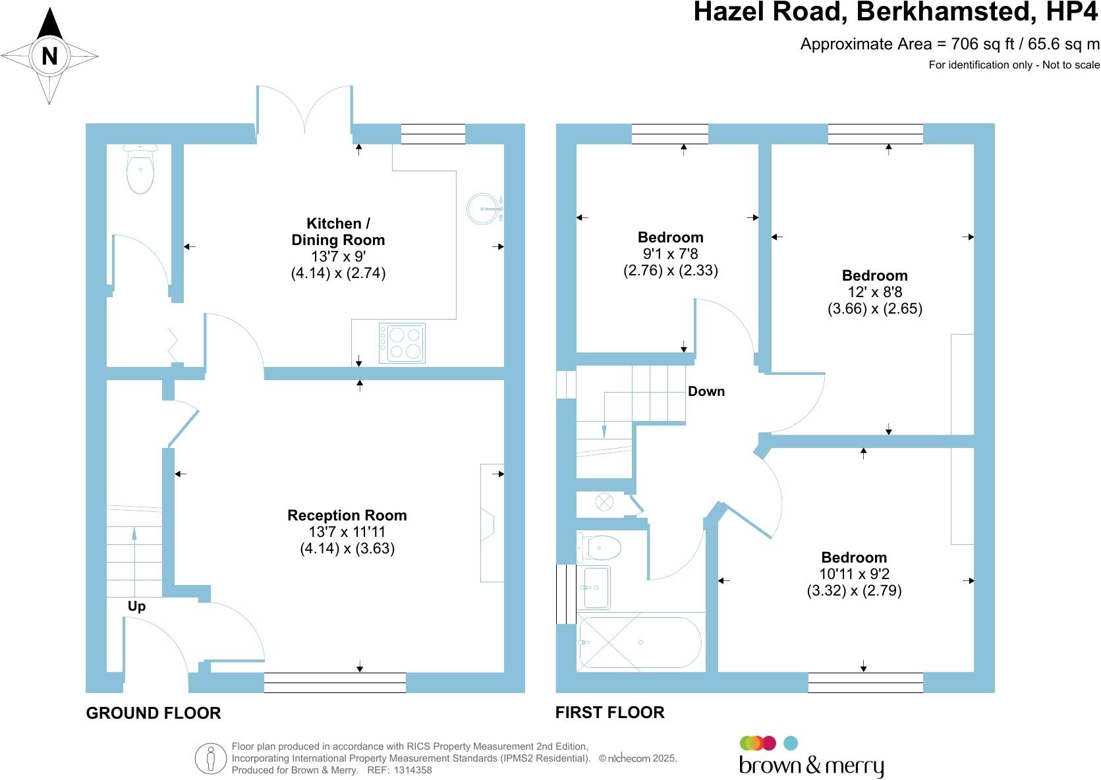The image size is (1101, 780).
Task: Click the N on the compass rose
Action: pos(49,56)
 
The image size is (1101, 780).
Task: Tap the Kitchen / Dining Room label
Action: pos(338,232)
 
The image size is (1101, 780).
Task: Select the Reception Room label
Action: pos(347,515)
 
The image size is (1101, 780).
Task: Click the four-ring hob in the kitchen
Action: pos(402,343)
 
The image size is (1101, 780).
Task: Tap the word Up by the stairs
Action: pos(136,606)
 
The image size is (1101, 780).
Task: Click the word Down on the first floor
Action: pos(706,391)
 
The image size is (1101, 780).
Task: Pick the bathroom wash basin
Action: pos(596,587)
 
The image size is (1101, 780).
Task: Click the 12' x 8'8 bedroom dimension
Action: pos(874,292)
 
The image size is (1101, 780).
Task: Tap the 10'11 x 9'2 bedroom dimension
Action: pos(854,574)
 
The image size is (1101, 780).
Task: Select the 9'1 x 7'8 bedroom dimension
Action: pos(670,254)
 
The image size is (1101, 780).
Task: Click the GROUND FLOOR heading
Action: pos(154,713)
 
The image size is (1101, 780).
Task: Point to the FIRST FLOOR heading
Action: pos(609,712)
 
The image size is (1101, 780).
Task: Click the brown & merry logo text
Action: pos(811,767)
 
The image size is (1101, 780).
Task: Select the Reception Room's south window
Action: pos(335,682)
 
